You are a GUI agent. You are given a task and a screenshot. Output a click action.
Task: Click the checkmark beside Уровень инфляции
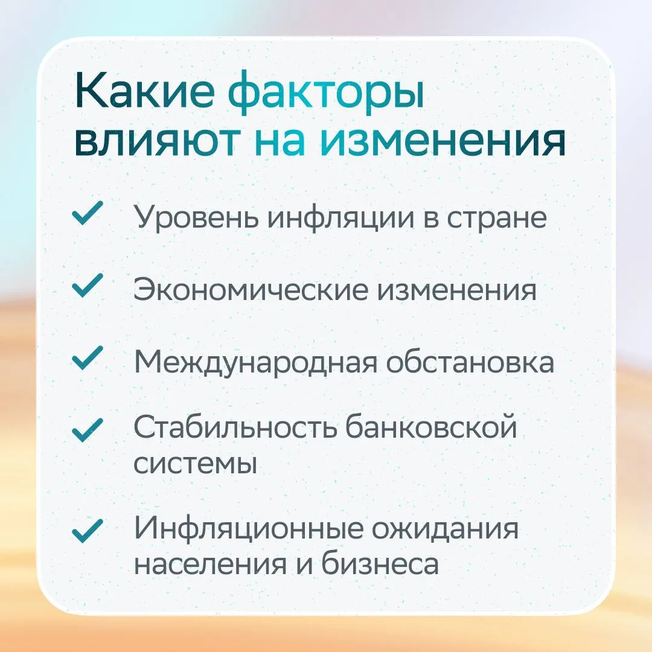point(88,213)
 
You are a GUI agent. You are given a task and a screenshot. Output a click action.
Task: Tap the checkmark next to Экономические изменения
point(88,286)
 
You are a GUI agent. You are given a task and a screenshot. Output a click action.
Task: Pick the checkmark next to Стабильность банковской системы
point(88,430)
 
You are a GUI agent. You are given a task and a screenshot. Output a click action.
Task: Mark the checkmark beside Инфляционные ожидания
point(88,531)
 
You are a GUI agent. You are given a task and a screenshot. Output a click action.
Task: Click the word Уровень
point(196,218)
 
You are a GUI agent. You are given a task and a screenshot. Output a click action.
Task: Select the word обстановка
point(470,361)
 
